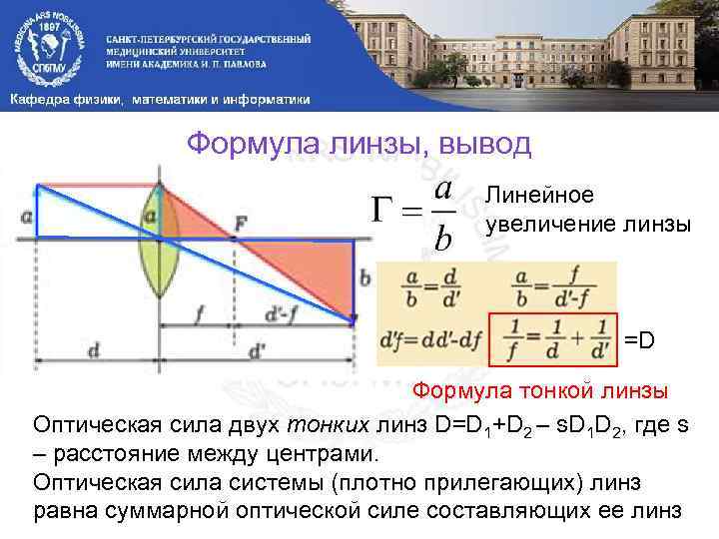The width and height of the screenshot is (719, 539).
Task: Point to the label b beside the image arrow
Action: pos(364,277)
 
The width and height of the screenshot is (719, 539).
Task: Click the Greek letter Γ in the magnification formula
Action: pos(385,212)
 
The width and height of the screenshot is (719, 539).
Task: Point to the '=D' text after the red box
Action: pos(640,342)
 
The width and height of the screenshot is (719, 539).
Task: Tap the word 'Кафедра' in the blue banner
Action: pos(41,101)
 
